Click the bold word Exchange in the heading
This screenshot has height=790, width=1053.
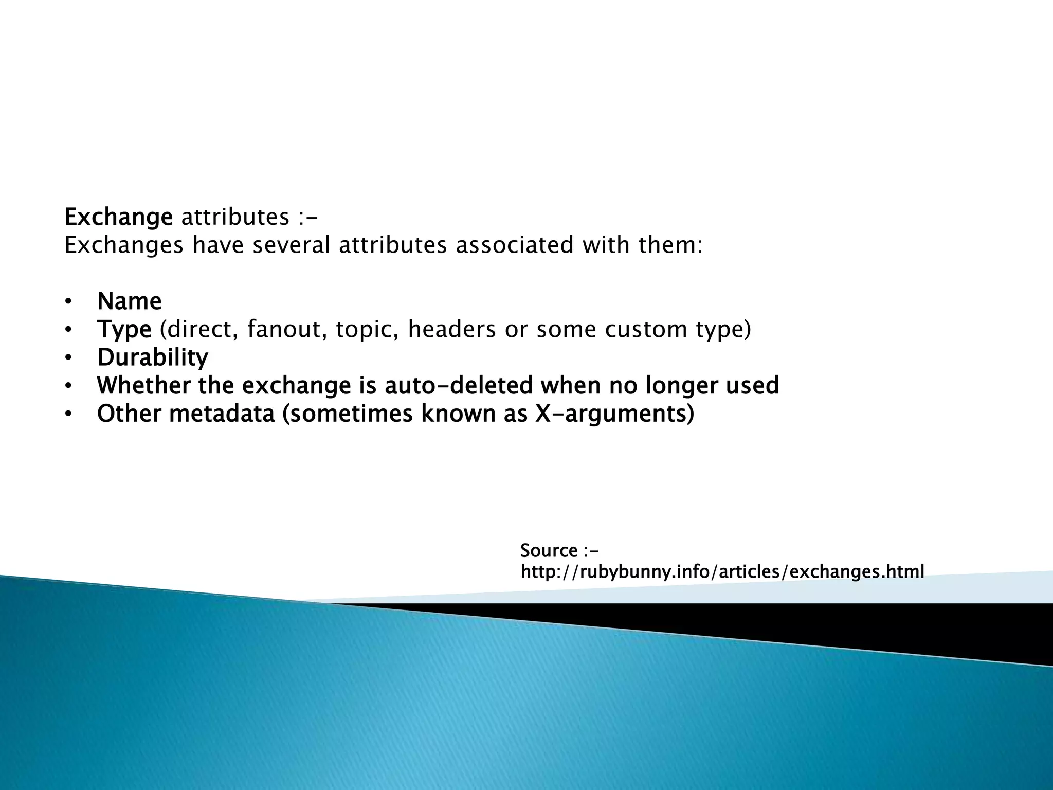tap(118, 218)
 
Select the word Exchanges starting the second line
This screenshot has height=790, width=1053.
tap(124, 245)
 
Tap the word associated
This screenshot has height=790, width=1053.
tap(514, 245)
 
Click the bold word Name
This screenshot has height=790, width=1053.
tap(129, 301)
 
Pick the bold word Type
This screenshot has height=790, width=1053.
tap(124, 330)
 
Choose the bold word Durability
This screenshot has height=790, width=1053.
tap(153, 357)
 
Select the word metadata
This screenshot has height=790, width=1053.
tap(222, 414)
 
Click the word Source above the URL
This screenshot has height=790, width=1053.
tap(549, 551)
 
